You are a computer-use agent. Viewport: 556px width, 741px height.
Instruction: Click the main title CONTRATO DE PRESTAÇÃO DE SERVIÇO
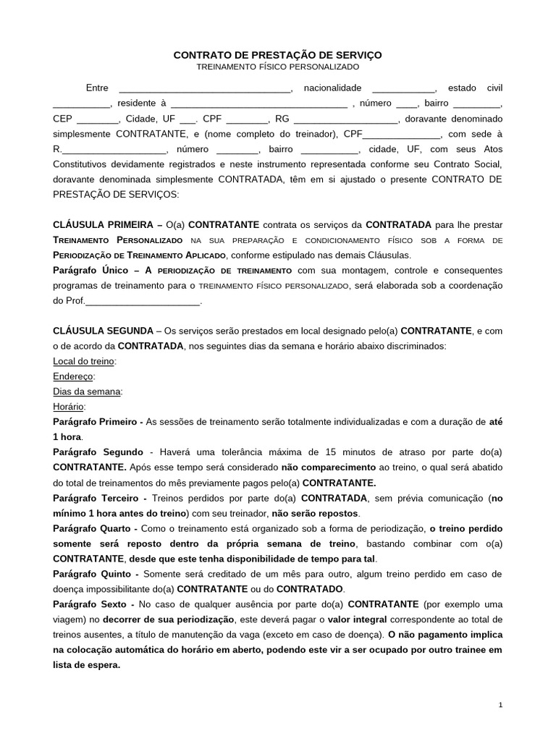277,55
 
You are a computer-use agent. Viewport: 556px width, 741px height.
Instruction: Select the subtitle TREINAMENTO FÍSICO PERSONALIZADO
278,67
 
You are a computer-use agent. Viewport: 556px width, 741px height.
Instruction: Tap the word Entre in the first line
97,88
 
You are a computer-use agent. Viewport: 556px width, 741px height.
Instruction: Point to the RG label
282,119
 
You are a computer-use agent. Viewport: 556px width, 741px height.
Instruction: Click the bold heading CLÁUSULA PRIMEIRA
103,225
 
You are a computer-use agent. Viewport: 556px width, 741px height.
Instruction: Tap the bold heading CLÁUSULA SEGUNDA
103,330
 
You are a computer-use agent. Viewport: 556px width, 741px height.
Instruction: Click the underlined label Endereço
73,376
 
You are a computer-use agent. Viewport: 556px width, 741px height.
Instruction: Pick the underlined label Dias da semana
88,391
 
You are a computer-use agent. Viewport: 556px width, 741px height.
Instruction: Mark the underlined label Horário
69,407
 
